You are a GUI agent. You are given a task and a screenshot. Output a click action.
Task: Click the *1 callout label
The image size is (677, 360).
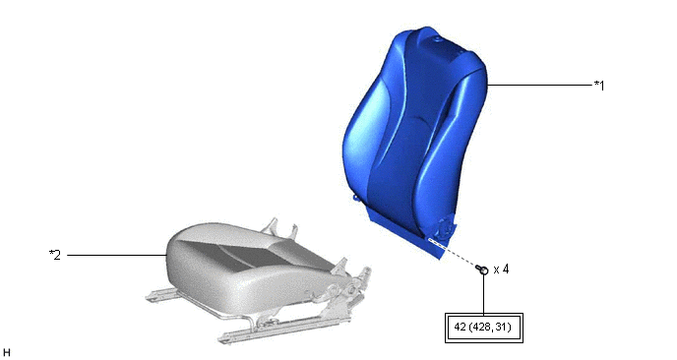point(599,86)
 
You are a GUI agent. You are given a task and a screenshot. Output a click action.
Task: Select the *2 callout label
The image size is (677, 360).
point(55,255)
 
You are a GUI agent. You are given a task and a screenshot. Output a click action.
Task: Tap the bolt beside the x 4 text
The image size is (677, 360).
point(482,270)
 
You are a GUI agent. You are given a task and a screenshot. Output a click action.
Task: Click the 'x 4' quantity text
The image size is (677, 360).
point(501,270)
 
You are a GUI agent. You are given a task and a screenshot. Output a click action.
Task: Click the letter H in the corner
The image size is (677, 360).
point(6,353)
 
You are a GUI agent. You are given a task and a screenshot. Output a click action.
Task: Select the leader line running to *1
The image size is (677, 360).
point(539,85)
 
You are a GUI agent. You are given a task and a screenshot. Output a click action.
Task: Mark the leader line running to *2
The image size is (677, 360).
point(116,255)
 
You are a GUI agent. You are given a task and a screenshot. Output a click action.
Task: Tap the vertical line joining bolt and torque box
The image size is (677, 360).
point(483,294)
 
